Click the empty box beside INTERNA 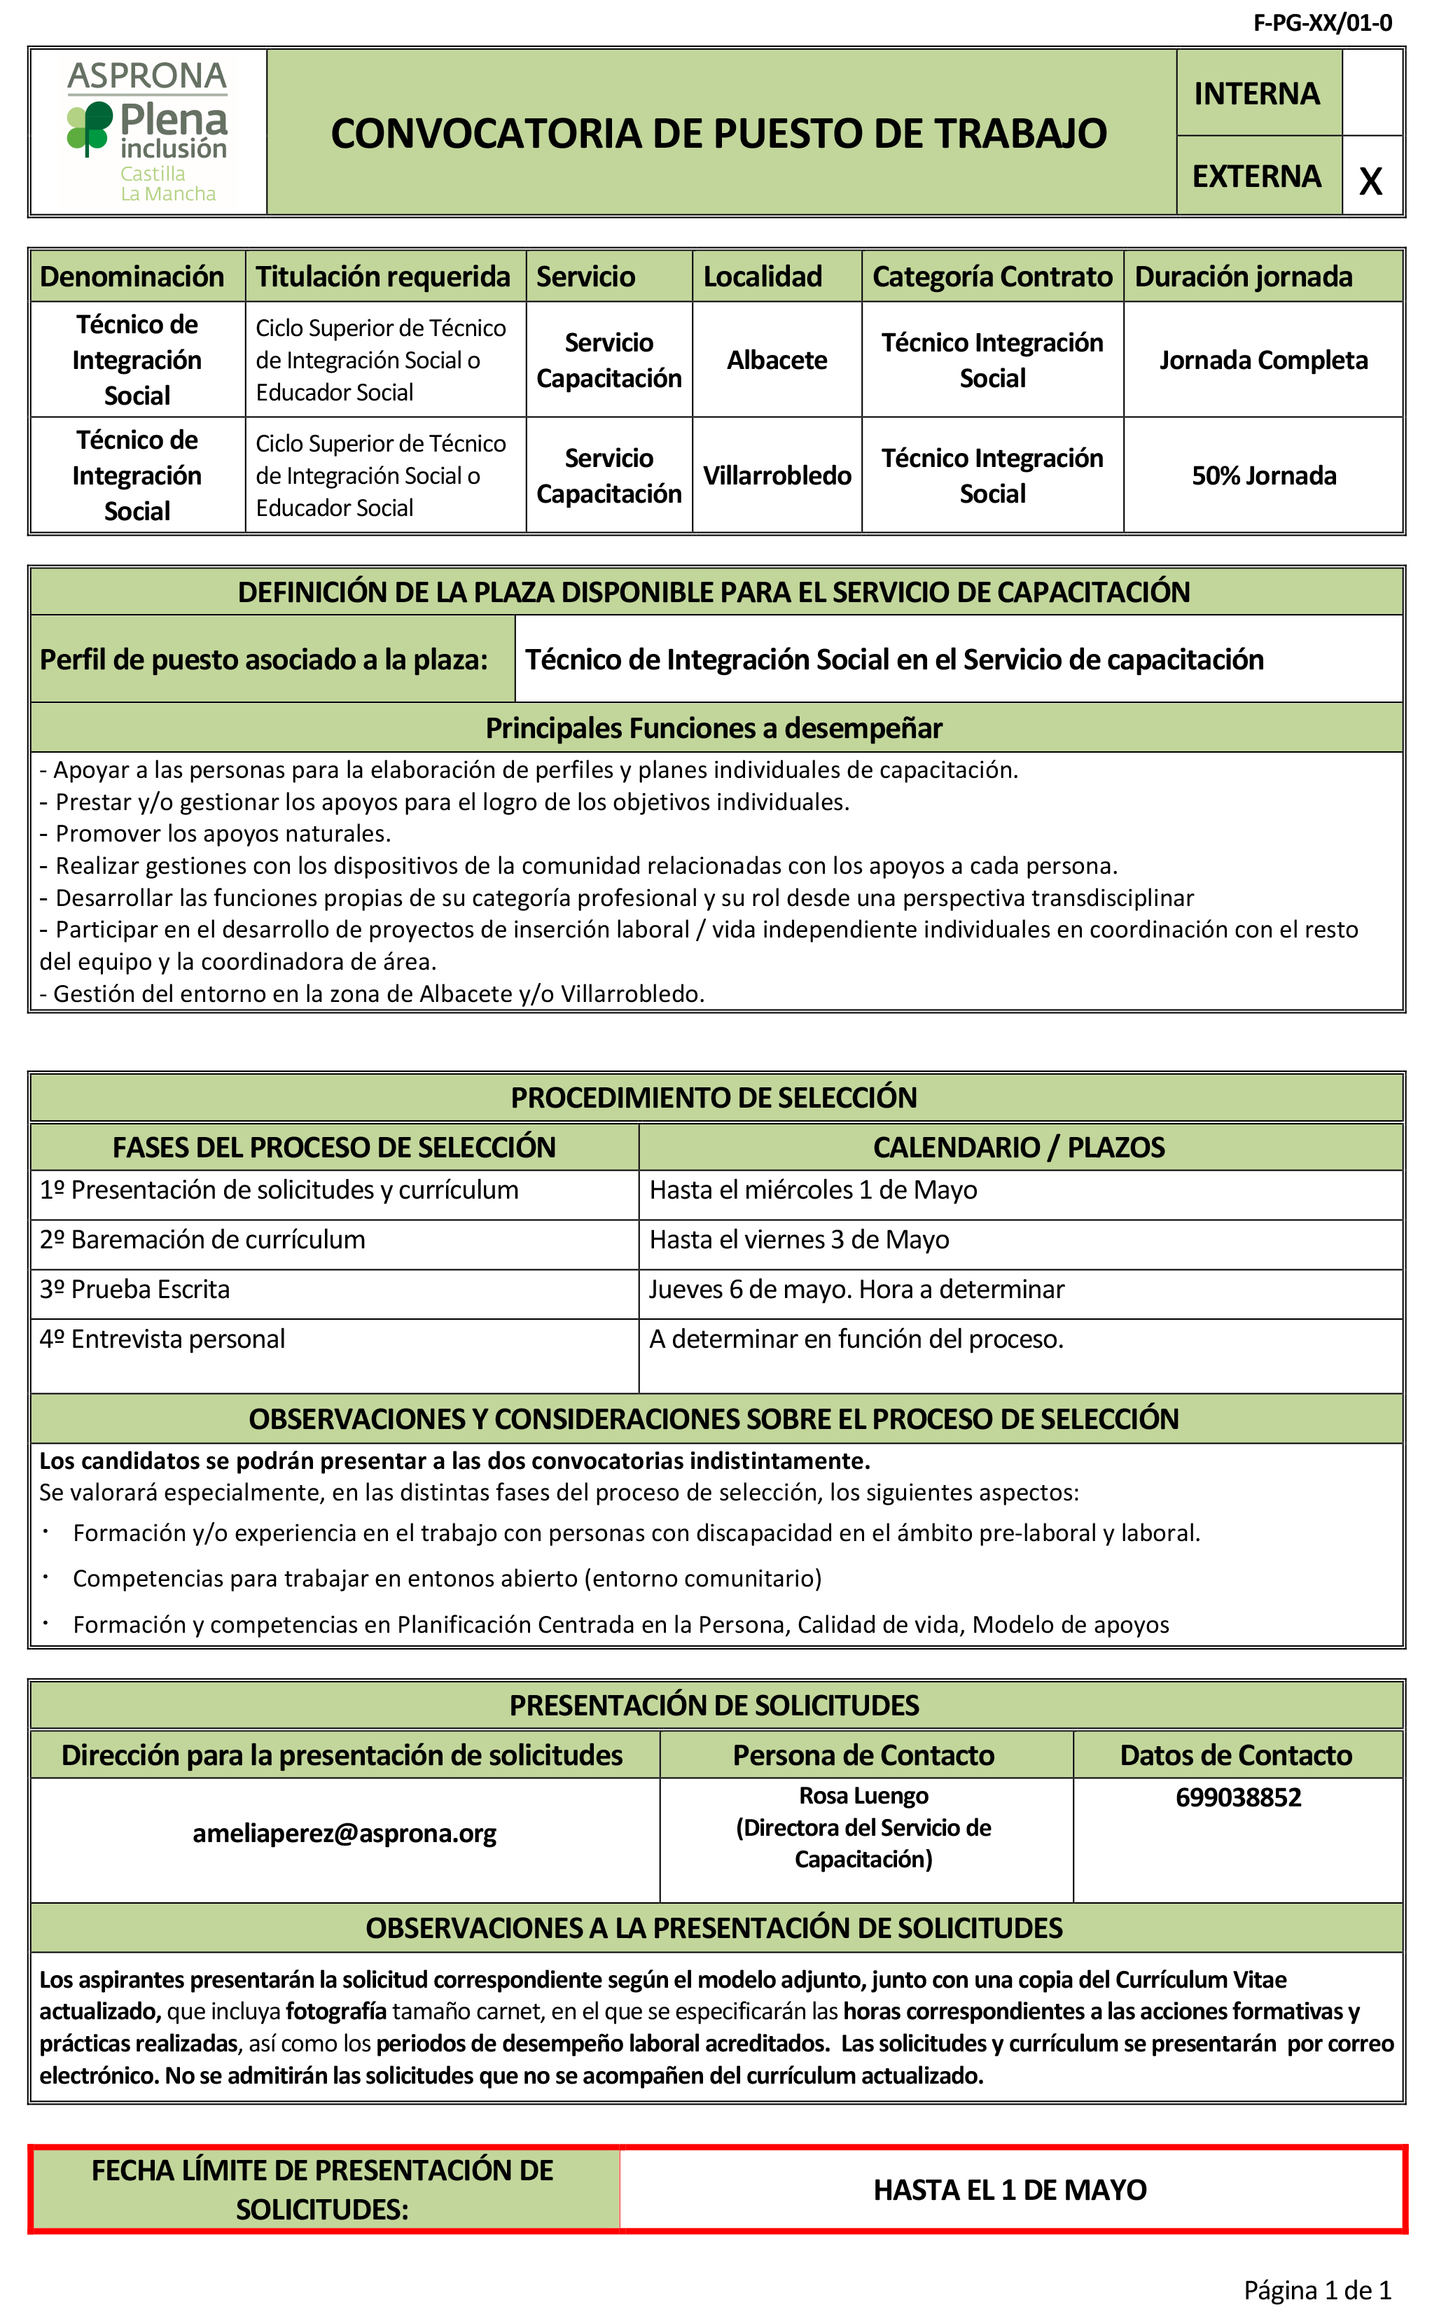1371,92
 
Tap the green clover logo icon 89,127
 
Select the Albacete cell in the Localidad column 777,361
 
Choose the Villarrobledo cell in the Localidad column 777,475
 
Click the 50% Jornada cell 1263,475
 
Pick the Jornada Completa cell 1263,361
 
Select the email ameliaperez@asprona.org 345,1833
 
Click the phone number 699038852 1239,1797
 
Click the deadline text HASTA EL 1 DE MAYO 1009,2189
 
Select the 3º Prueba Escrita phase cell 135,1289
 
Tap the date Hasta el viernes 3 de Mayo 800,1239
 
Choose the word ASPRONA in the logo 147,76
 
